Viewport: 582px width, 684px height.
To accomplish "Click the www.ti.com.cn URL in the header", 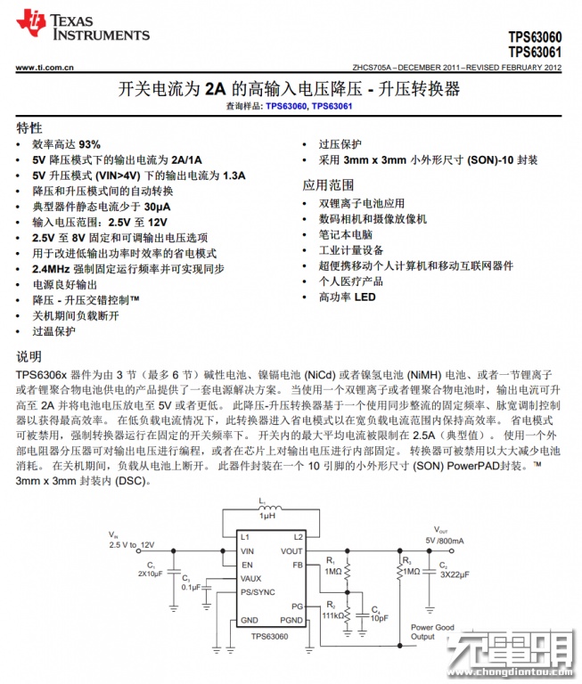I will pos(45,68).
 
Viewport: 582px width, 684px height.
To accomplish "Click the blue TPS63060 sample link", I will pos(286,107).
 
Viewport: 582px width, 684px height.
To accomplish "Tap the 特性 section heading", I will pos(29,127).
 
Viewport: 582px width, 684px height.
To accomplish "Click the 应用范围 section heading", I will pos(328,185).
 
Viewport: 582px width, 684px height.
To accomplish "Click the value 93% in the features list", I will pos(90,144).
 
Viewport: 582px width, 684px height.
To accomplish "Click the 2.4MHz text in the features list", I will pos(53,268).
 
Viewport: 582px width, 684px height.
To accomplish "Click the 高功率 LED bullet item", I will pos(348,297).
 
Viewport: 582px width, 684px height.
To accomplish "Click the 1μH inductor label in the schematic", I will pos(267,516).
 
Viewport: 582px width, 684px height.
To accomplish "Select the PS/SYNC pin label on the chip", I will pos(258,591).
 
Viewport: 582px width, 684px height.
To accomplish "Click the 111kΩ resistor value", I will pos(332,615).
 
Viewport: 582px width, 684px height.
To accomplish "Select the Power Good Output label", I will pos(432,631).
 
